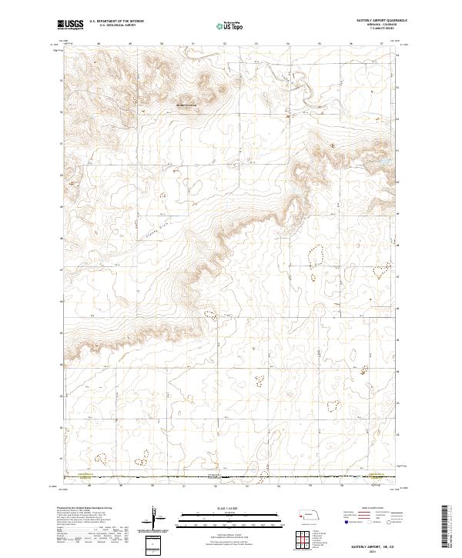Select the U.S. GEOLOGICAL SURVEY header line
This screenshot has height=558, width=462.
[x=109, y=25]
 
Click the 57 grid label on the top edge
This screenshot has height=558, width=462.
[x=383, y=43]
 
